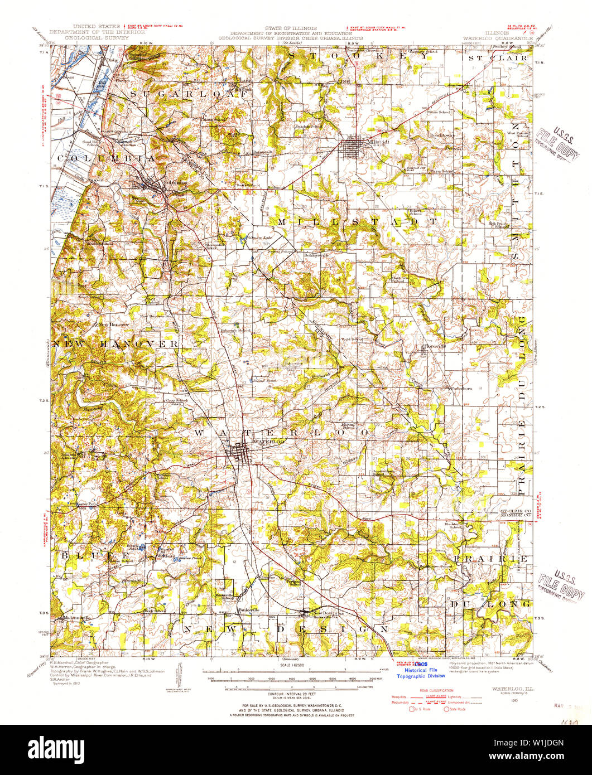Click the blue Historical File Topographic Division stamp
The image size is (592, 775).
coord(420,672)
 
